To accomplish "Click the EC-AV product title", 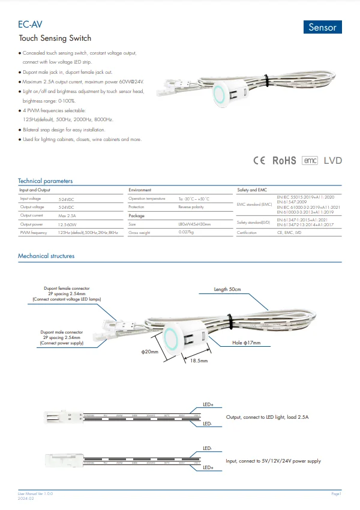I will coord(30,25).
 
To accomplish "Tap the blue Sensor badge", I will coord(322,28).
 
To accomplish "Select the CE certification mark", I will coord(259,161).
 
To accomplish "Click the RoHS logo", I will coord(284,161).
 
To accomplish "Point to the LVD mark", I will coord(333,161).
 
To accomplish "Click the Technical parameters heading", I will coord(46,181).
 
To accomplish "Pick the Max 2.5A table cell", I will coord(67,215).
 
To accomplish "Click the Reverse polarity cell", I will coord(191,206).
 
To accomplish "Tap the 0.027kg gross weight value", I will coord(188,232).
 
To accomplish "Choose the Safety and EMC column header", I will coord(252,190).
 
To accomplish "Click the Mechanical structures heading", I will coord(46,256).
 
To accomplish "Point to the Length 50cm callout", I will coord(227,290).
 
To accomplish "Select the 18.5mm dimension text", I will coord(199,361).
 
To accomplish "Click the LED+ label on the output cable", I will coord(208,404).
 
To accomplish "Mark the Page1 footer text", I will coord(336,493).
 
